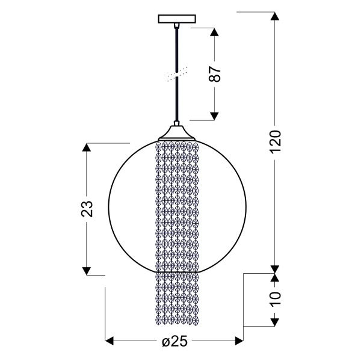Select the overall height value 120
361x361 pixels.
tap(275, 141)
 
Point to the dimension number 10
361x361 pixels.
tap(275, 300)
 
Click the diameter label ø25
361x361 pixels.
tap(174, 341)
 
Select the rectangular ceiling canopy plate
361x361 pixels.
tap(177, 19)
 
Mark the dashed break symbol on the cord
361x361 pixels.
tap(177, 74)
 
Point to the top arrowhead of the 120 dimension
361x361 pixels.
tap(275, 16)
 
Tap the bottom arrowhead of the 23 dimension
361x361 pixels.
tap(88, 270)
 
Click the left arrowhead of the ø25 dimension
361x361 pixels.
tap(110, 342)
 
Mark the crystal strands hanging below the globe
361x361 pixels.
tap(177, 298)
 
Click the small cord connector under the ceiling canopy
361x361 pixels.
tap(177, 26)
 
